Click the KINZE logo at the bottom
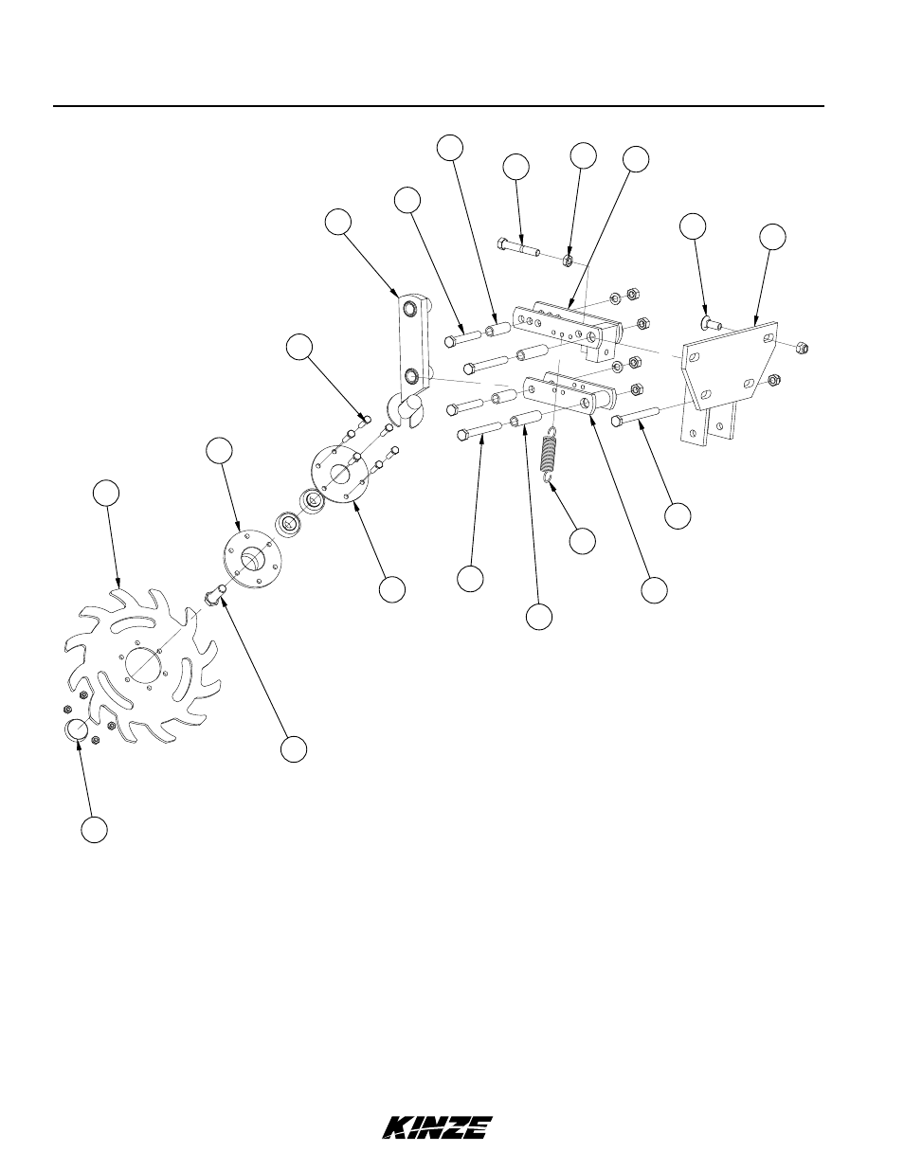pyautogui.click(x=437, y=1127)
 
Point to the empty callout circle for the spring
pyautogui.click(x=582, y=541)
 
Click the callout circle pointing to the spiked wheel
pyautogui.click(x=106, y=494)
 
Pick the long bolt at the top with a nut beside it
pyautogui.click(x=518, y=248)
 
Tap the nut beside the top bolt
pyautogui.click(x=566, y=259)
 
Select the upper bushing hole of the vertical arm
pyautogui.click(x=408, y=309)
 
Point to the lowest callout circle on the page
pyautogui.click(x=92, y=829)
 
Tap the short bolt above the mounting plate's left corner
pyautogui.click(x=712, y=325)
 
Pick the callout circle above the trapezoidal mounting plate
pyautogui.click(x=772, y=237)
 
